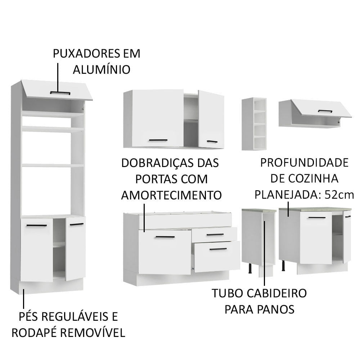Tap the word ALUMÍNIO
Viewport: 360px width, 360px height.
click(102, 69)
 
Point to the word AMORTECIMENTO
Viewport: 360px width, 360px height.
click(171, 195)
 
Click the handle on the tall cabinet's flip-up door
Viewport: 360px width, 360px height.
click(60, 93)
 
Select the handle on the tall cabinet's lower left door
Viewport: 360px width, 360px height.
click(37, 226)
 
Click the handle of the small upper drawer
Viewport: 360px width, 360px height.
click(215, 235)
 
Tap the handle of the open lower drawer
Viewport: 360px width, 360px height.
click(218, 249)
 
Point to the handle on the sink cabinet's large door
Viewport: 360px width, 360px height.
click(165, 237)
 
